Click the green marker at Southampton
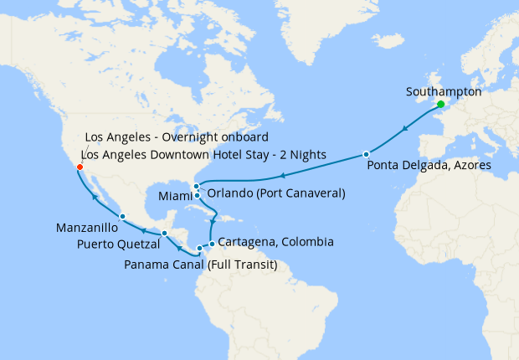click(x=440, y=104)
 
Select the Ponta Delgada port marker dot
click(x=366, y=154)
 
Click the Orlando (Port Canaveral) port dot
click(x=196, y=186)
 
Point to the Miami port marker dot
click(x=197, y=196)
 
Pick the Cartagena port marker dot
click(x=212, y=244)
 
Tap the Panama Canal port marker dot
click(x=199, y=249)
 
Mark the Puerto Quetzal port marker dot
click(x=165, y=233)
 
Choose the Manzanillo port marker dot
click(x=122, y=216)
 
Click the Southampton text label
click(x=443, y=91)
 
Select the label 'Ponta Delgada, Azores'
click(x=429, y=167)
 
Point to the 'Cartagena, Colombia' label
click(x=275, y=243)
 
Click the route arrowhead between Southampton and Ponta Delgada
click(x=405, y=129)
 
